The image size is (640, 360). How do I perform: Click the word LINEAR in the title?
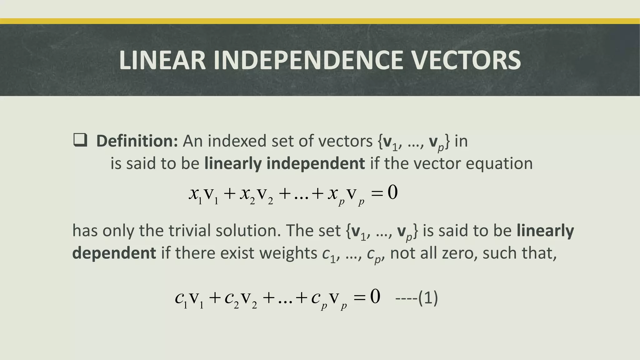[162, 60]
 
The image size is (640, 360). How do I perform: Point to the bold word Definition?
[137, 141]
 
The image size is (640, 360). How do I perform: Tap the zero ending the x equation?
[392, 192]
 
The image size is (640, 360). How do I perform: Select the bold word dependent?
[114, 253]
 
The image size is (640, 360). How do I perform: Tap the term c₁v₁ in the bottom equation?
[189, 299]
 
